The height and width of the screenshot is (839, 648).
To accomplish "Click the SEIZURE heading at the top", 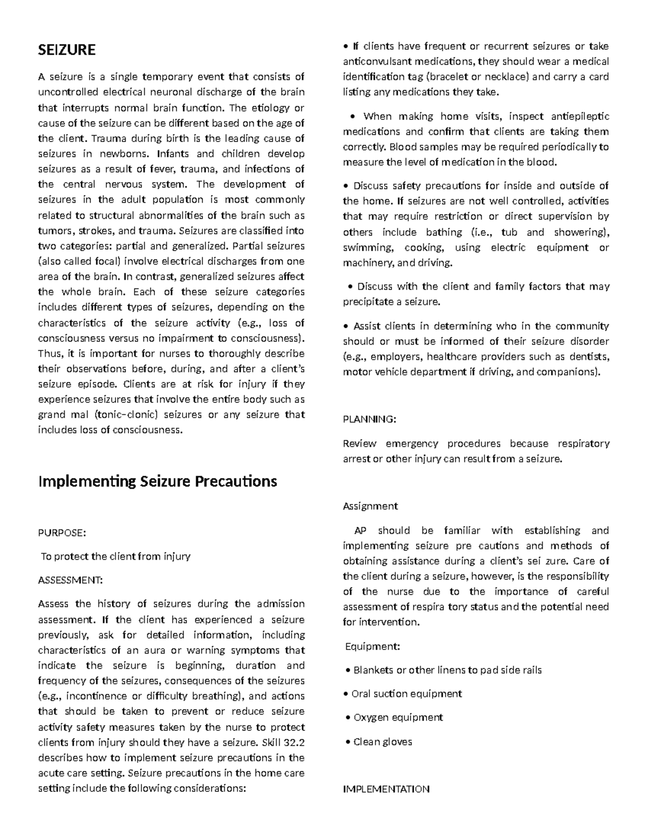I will coord(66,50).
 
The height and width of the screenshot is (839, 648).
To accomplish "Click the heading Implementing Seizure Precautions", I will coord(157,481).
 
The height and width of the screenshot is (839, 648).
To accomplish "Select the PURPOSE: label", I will coord(62,533).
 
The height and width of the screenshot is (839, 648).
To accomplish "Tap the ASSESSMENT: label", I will coord(70,580).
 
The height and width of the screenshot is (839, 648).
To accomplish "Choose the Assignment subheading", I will coord(370,506).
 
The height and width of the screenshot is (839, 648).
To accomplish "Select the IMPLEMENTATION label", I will coord(386,789).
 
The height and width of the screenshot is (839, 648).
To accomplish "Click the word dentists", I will coord(590,357).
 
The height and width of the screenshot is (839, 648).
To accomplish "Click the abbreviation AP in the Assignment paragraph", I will coord(360,530).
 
